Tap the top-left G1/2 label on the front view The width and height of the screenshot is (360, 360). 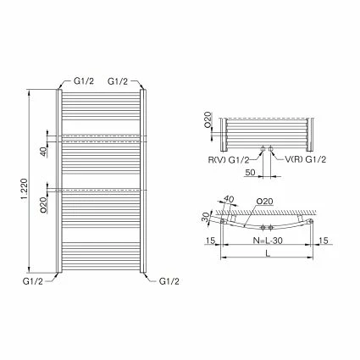pos(83,80)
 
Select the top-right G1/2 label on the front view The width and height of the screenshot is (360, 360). pos(119,80)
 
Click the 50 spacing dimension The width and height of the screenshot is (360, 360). pos(250,172)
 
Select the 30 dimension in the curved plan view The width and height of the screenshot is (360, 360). pos(205,217)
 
